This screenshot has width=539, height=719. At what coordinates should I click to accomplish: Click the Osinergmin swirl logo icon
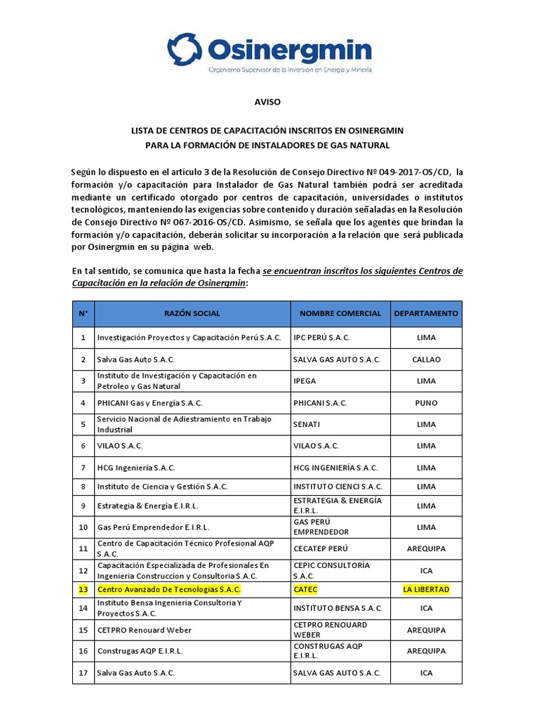(x=185, y=50)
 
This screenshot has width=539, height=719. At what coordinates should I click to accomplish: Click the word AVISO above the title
(x=267, y=102)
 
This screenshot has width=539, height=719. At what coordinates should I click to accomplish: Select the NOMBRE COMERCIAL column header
(x=340, y=313)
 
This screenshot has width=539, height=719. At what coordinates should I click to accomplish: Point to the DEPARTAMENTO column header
(x=426, y=313)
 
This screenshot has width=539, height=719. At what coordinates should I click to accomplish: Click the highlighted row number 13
(x=83, y=589)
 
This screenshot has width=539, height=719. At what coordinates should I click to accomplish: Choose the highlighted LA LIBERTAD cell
(x=426, y=589)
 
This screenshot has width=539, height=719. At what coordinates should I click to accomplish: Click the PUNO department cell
(x=426, y=403)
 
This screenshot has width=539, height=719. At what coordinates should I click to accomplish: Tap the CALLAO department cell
(x=426, y=359)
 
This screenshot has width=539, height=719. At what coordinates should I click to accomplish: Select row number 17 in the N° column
(x=83, y=673)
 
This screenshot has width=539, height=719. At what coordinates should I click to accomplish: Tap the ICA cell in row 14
(x=426, y=608)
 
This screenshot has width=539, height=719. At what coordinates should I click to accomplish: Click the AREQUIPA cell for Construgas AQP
(x=426, y=651)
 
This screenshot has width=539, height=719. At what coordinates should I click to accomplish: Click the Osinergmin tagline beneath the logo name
(x=290, y=70)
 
